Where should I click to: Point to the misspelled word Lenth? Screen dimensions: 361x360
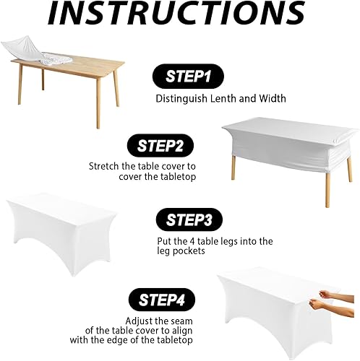click(225, 99)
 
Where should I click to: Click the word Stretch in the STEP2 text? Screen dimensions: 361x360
click(105, 166)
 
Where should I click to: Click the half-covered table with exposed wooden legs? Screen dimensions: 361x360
click(288, 147)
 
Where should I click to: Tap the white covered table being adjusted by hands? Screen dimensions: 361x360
click(267, 310)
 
